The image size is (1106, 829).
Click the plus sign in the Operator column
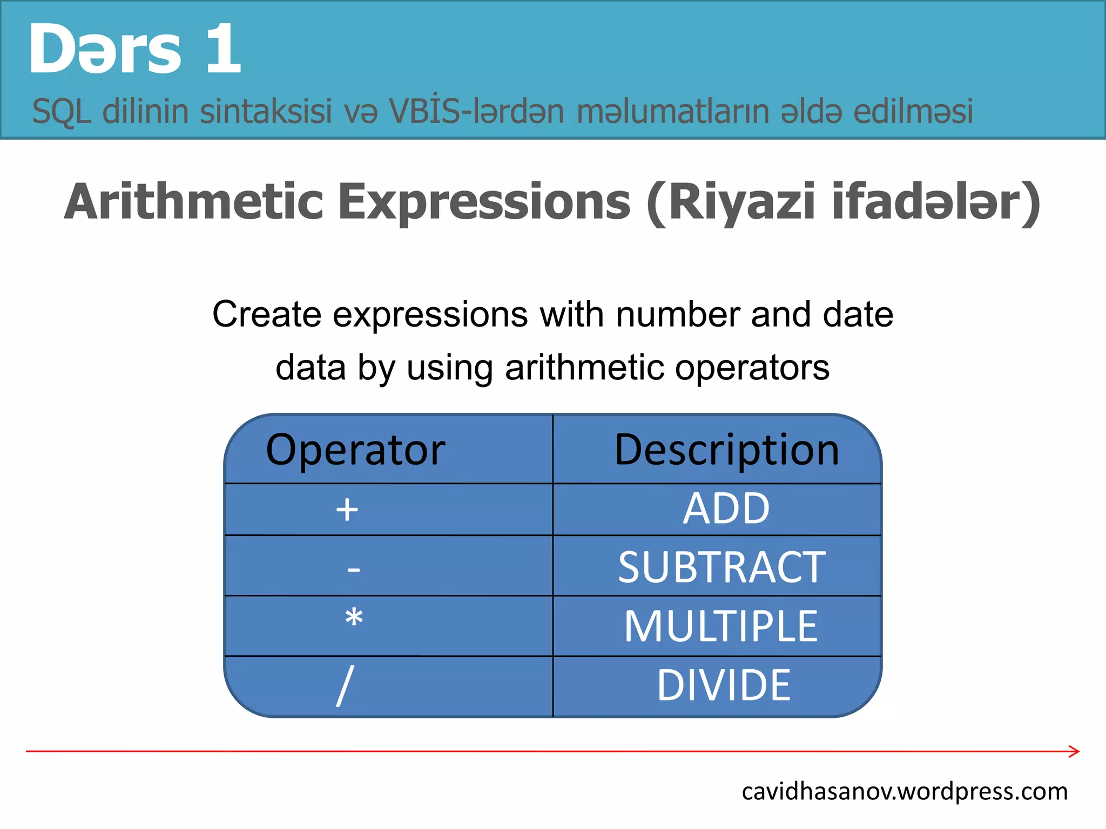click(x=347, y=509)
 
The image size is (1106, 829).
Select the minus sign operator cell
click(x=354, y=568)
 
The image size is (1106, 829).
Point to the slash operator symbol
click(x=346, y=685)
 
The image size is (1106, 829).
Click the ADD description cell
click(x=726, y=508)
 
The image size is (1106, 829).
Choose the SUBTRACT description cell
click(x=722, y=567)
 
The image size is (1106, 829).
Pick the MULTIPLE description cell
click(x=721, y=626)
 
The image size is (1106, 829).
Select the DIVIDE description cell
click(x=724, y=685)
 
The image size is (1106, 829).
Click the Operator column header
click(x=355, y=450)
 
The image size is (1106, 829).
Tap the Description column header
click(x=727, y=450)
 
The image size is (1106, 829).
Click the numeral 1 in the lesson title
click(x=223, y=50)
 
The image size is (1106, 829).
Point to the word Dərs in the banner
click(x=105, y=50)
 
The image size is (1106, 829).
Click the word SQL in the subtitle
click(x=61, y=112)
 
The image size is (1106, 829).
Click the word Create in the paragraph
click(x=267, y=314)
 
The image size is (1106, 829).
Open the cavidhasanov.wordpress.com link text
click(x=905, y=792)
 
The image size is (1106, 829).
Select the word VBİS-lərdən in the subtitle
click(x=476, y=112)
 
